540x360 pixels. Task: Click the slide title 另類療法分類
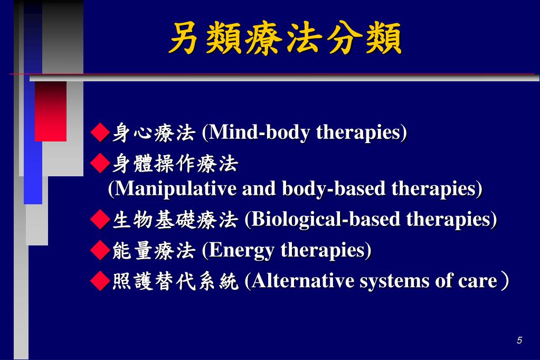point(285,38)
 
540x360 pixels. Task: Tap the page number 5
point(519,340)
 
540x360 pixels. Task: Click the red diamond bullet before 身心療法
point(99,132)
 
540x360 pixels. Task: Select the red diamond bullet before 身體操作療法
point(99,164)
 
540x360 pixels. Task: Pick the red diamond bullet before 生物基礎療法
point(99,219)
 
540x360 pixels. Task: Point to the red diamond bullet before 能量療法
point(99,250)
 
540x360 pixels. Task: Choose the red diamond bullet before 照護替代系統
point(99,281)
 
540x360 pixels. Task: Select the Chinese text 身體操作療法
point(175,164)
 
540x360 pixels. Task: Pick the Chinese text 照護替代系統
point(175,281)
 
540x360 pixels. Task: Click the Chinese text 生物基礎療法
point(175,219)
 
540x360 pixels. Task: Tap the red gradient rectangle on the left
point(51,111)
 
